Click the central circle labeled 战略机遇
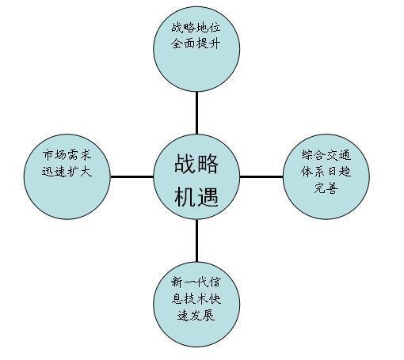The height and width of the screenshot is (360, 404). (196, 176)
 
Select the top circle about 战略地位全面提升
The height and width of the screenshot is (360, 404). (196, 49)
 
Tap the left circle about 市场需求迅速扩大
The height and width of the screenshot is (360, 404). (67, 176)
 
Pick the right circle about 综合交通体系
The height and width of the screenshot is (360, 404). (326, 176)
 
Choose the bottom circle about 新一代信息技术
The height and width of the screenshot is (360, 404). (196, 304)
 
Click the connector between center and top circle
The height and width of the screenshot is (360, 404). (196, 113)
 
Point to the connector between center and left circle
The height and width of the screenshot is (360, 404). (131, 176)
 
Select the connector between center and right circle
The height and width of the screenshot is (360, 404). (261, 176)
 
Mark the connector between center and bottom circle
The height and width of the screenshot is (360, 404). (196, 241)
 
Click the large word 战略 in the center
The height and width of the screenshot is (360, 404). (196, 164)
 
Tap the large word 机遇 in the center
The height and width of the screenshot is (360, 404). (196, 196)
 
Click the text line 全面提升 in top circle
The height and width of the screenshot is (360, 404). (196, 44)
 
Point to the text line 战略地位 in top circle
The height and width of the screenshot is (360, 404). (196, 28)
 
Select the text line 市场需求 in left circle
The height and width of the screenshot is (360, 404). (67, 155)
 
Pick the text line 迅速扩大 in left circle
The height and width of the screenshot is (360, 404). (67, 172)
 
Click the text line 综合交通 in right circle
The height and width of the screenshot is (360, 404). (326, 155)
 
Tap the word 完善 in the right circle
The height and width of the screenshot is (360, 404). (326, 188)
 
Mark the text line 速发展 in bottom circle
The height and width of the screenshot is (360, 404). (196, 315)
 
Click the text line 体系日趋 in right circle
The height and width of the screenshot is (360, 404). (326, 172)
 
